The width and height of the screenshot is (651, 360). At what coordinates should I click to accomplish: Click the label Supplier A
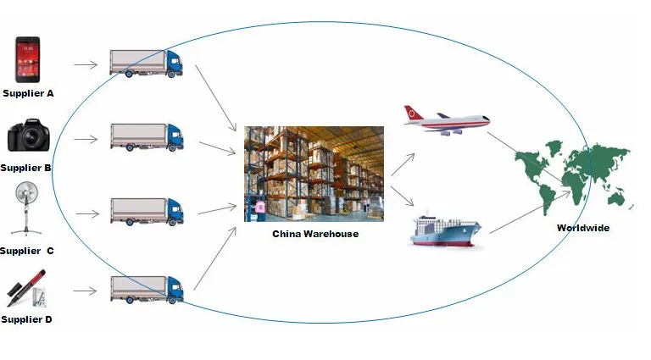point(28,93)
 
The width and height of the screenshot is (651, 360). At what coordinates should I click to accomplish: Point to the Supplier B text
point(26,168)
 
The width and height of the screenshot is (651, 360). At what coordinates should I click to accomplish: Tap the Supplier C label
point(27,251)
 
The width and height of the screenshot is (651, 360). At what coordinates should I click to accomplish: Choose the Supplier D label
point(27,319)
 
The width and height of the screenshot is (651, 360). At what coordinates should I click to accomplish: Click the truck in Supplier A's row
point(146,64)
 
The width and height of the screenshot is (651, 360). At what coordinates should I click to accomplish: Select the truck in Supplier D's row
point(146,289)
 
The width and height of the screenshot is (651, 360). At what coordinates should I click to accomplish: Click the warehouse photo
point(314,174)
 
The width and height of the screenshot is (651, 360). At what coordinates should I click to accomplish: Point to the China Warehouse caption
point(314,234)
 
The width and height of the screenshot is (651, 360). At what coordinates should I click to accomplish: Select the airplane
point(446,120)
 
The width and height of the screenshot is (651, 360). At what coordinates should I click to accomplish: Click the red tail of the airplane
point(414,113)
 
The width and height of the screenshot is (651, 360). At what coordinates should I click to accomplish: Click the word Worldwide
point(582,228)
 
